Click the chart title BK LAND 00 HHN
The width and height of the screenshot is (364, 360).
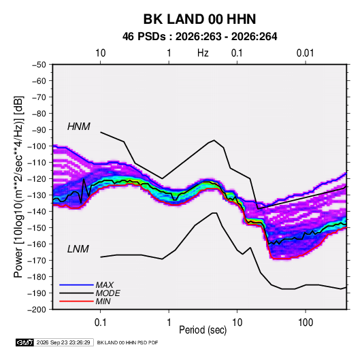tap(199, 19)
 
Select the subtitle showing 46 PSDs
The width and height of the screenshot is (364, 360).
tap(199, 37)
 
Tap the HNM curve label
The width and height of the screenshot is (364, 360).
tap(78, 127)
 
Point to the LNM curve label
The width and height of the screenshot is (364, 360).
tap(78, 249)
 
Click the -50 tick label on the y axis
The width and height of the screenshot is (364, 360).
tap(39, 65)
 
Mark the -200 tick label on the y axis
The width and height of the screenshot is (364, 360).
tap(37, 310)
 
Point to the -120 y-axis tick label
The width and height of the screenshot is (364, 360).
tap(37, 179)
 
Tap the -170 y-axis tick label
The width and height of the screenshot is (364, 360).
tap(37, 261)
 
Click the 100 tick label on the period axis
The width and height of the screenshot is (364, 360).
tap(305, 323)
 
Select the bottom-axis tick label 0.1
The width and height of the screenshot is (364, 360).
tap(100, 323)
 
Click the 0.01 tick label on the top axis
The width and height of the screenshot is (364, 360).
tap(305, 53)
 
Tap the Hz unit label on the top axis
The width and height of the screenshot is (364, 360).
tap(203, 53)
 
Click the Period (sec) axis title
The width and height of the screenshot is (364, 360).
tap(203, 330)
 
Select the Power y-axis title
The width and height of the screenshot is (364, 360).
tap(18, 186)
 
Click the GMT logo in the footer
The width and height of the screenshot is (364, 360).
tap(24, 342)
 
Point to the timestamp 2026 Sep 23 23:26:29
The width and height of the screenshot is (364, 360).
tap(63, 342)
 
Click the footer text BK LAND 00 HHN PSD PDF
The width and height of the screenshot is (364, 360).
tap(127, 342)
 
